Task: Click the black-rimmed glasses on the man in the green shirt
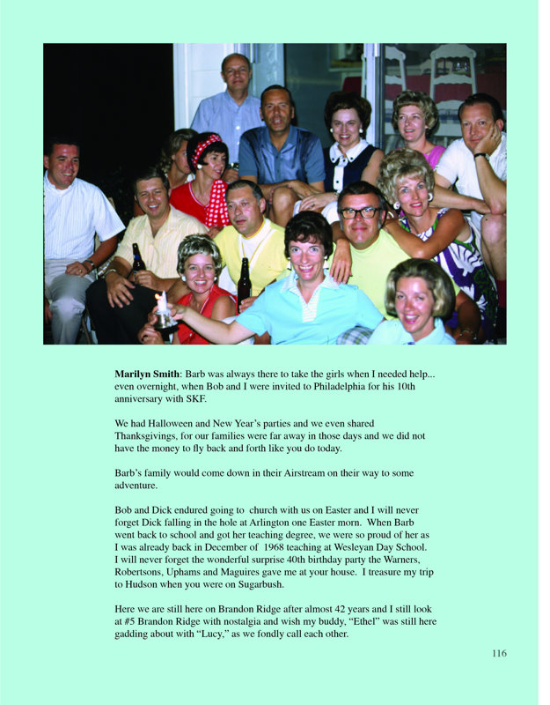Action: point(360,213)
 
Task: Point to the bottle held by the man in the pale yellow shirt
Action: point(138,261)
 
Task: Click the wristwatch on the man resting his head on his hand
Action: point(480,156)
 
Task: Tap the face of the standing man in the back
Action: point(236,74)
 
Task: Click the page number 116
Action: point(499,653)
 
